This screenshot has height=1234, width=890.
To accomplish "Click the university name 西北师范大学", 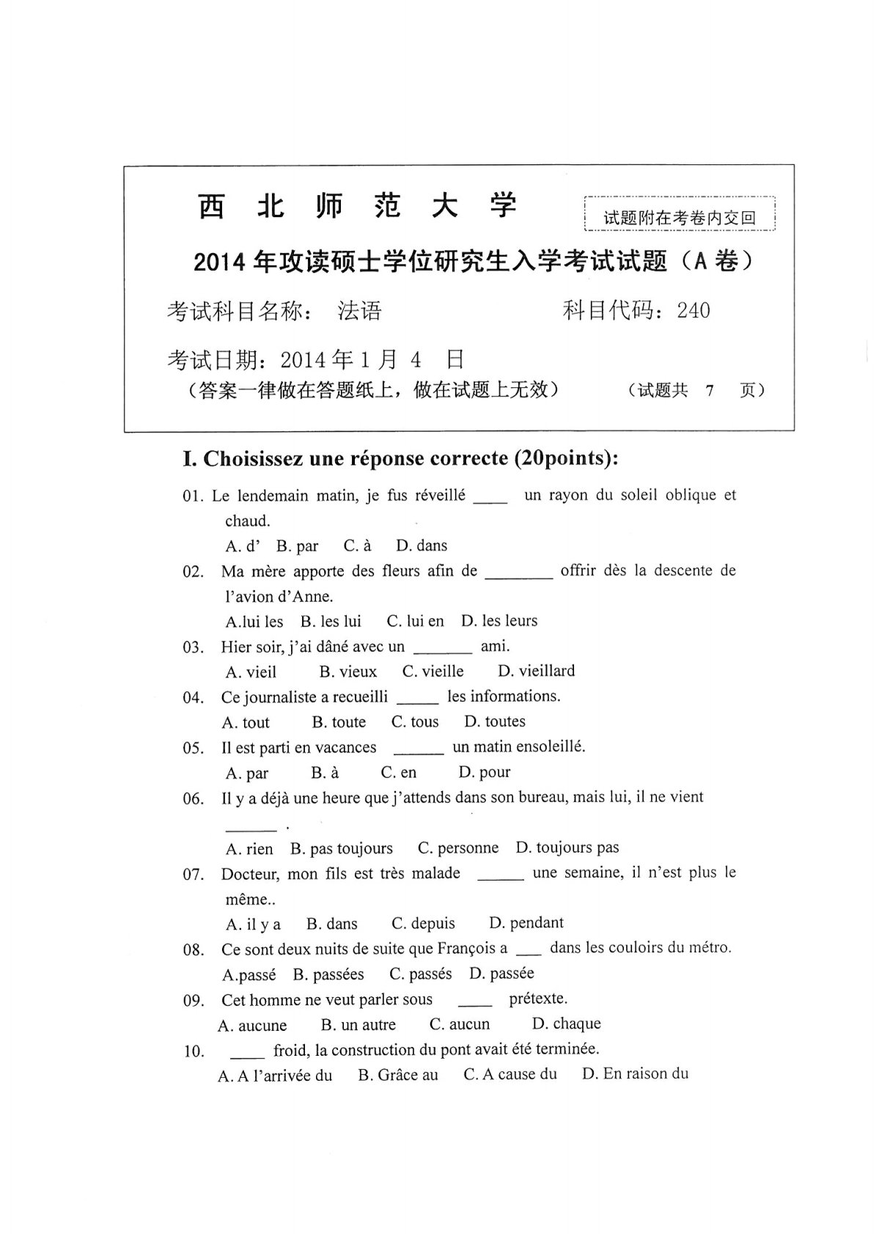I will pos(357,207).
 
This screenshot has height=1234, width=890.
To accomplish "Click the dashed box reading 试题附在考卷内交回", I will pos(679,217).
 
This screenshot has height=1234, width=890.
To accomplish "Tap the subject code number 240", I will pos(694,311).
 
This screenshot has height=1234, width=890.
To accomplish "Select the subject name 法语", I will pos(359,312).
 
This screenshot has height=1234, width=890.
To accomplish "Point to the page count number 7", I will pos(709,391).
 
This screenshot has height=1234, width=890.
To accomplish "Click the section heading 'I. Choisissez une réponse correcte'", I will pos(400,459).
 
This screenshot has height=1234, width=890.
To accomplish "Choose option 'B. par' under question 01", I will pos(297,546).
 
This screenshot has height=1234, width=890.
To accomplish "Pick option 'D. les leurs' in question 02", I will pos(499,621).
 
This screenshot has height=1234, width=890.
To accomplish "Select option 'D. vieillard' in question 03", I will pos(536,671).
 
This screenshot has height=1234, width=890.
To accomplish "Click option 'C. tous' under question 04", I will pos(415,722).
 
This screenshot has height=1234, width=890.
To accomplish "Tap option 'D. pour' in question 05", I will pos(484,772).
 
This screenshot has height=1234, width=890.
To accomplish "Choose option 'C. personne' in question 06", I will pos(457,848).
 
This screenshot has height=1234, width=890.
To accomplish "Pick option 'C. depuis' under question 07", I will pos(423,923).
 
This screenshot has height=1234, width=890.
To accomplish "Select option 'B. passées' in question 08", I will pos(328,974).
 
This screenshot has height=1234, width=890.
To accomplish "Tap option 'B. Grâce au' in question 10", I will pos(397,1075).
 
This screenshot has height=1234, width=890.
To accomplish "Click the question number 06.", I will pos(194,799).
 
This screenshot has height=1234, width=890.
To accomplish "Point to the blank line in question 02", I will pos(518,576).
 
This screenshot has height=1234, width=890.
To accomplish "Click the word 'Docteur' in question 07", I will pos(249,874).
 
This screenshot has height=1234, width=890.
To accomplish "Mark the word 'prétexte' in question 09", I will pos(537,999).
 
